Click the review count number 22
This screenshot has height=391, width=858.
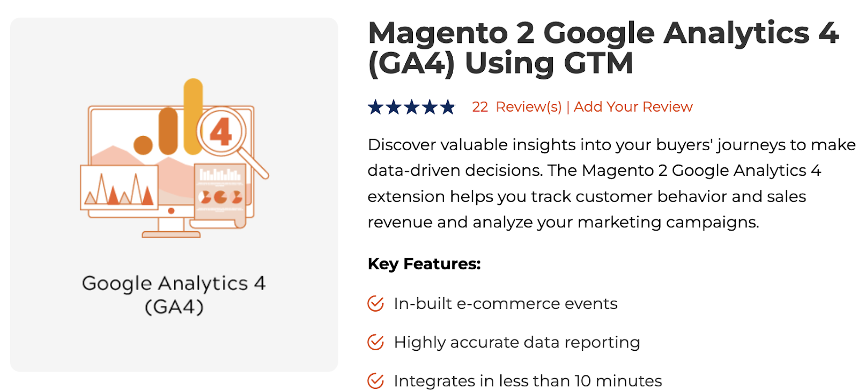(479, 107)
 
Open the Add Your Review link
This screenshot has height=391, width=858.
(633, 107)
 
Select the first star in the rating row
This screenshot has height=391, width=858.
(375, 107)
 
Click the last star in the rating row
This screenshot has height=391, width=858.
(447, 107)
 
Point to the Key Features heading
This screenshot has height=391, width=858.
(424, 264)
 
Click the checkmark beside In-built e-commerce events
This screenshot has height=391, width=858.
(375, 304)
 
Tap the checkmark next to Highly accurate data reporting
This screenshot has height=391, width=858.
(375, 342)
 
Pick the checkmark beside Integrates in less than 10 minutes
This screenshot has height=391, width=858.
(375, 381)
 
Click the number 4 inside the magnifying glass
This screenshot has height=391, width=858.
(221, 132)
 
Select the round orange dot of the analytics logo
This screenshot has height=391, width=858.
(143, 145)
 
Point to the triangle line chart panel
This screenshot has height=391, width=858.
(119, 188)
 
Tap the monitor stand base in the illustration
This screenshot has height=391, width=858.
(171, 234)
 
